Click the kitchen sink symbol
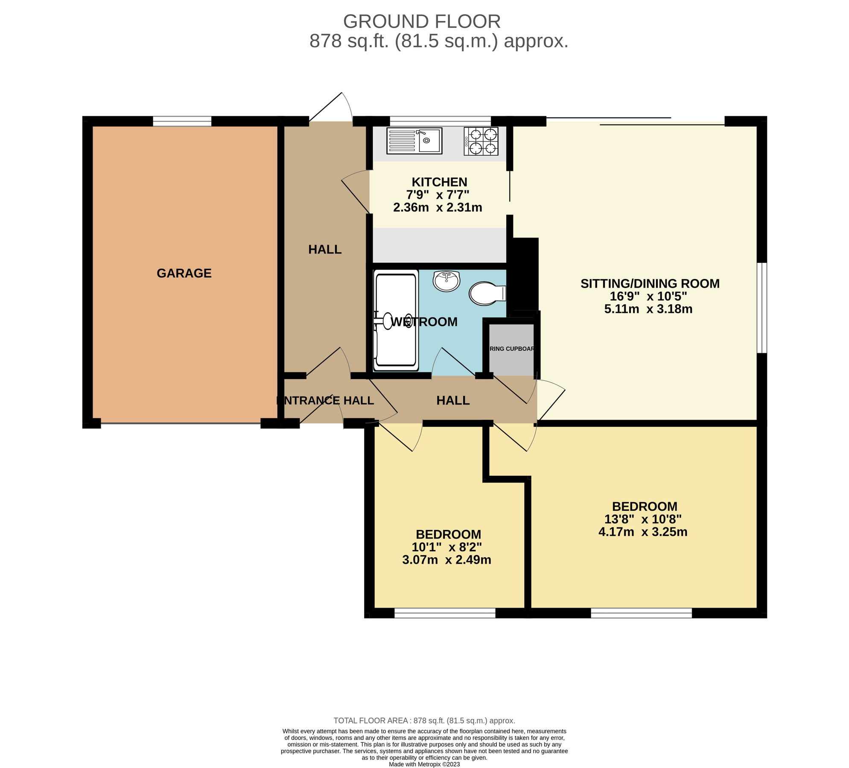[414, 140]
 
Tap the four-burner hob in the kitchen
[481, 141]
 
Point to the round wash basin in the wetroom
[446, 281]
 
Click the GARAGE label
[184, 273]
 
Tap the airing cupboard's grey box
[511, 349]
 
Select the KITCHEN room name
[439, 182]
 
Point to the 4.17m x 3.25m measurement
[643, 532]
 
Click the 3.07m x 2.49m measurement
[446, 560]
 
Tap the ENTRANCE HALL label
[325, 400]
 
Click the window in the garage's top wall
[182, 121]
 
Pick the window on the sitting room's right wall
[761, 308]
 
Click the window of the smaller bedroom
[444, 613]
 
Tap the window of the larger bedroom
[641, 613]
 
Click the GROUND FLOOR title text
[422, 22]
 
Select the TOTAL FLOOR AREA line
[424, 721]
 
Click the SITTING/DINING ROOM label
[650, 284]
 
